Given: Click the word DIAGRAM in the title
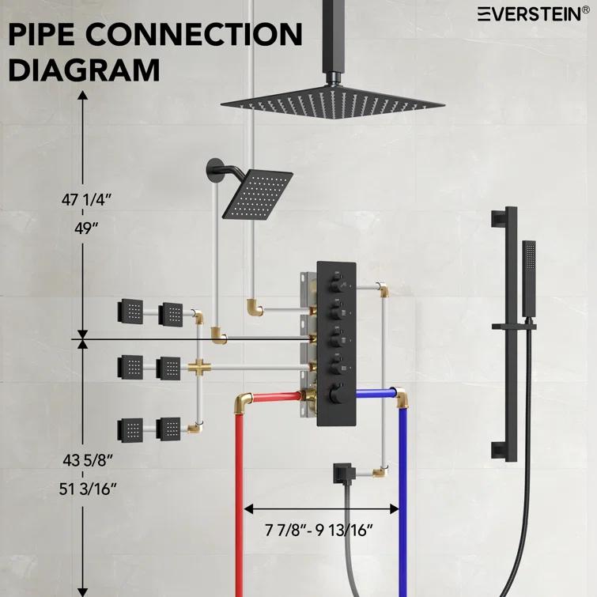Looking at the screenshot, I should [x=84, y=70].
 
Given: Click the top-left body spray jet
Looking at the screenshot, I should [x=130, y=311].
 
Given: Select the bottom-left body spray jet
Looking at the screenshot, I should [x=130, y=429].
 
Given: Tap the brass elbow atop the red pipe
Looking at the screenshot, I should [x=244, y=401].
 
